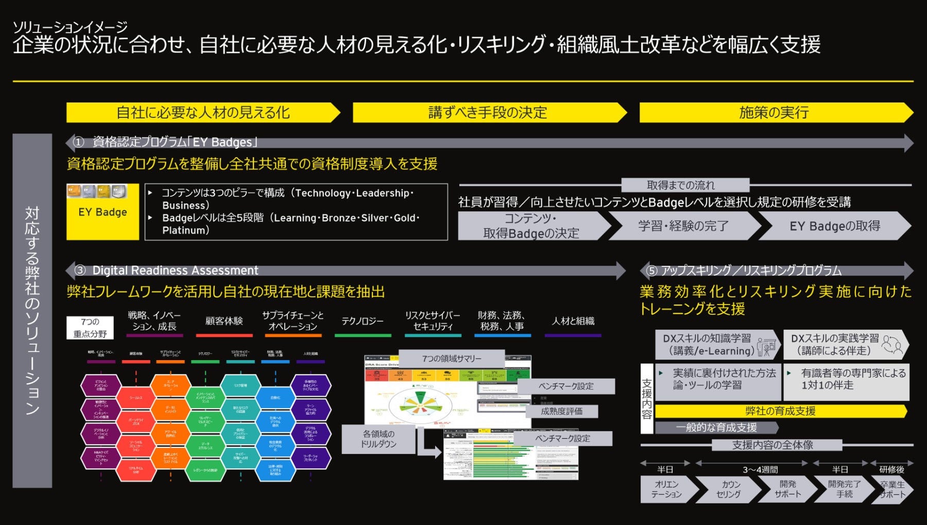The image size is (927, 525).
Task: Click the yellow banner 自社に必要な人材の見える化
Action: (x=203, y=112)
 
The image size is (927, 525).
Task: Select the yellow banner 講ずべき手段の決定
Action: (x=488, y=112)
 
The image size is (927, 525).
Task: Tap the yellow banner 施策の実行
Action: (x=774, y=112)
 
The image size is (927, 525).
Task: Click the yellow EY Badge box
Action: (x=102, y=212)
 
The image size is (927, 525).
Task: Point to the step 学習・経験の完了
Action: (x=683, y=226)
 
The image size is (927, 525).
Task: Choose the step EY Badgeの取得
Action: (x=834, y=226)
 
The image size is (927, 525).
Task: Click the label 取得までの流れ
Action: (x=680, y=185)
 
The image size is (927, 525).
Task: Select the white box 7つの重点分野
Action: (x=90, y=328)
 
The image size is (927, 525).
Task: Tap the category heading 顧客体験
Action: (x=224, y=321)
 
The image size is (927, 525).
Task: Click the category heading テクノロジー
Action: (x=363, y=321)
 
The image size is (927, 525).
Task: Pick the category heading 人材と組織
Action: (x=573, y=321)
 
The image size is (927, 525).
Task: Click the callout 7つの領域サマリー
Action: (x=452, y=359)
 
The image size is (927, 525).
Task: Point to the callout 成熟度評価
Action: (x=561, y=411)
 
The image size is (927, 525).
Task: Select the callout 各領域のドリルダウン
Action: (x=378, y=439)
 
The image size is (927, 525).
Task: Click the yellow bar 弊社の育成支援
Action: (x=780, y=411)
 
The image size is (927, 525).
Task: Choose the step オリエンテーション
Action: (x=666, y=489)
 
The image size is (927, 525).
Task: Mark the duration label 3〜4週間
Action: (x=760, y=469)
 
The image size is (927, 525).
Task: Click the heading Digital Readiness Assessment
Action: (x=175, y=270)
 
